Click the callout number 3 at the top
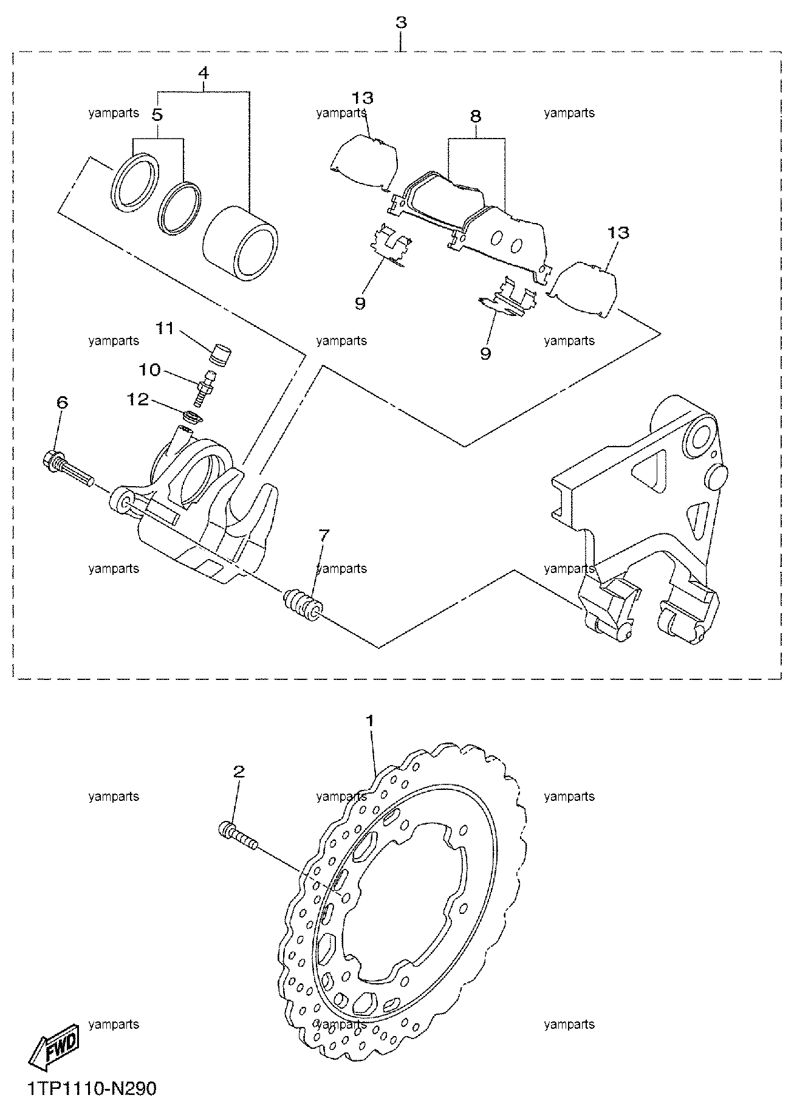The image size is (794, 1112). tap(401, 22)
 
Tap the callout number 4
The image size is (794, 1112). tap(204, 74)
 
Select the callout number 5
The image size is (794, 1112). tap(157, 114)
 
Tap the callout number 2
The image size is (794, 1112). tap(239, 772)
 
